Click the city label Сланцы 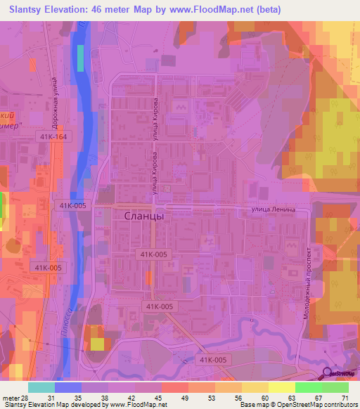coord(144,216)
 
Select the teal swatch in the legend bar coord(41,387)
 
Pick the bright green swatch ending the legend coord(335,387)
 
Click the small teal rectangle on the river coord(79,58)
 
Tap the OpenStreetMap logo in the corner coord(340,375)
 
